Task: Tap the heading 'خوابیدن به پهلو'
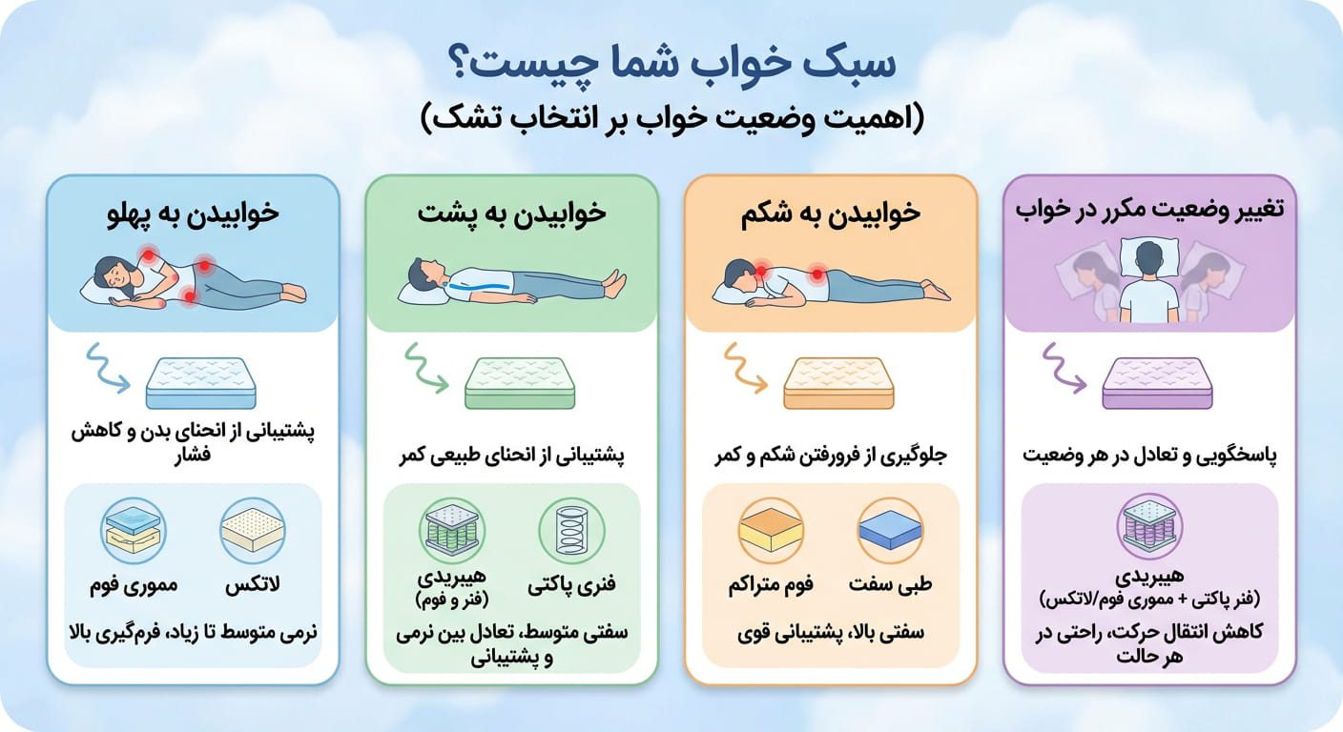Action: click(193, 213)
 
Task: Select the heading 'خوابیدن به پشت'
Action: click(511, 213)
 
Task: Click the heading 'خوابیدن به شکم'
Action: click(831, 213)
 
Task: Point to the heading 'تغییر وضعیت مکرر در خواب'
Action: click(1149, 213)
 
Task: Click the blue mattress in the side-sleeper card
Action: click(201, 382)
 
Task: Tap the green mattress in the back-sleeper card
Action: click(520, 382)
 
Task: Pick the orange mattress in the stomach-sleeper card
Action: click(839, 382)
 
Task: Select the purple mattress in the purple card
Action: click(1158, 382)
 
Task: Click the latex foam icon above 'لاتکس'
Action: click(253, 531)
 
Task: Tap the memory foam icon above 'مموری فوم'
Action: click(134, 531)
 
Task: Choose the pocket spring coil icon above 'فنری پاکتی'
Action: click(570, 531)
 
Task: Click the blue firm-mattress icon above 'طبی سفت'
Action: click(889, 531)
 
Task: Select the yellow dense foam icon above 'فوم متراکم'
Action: click(771, 531)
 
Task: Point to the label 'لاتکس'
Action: click(253, 586)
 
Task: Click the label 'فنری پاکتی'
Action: click(571, 584)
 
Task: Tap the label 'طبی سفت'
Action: click(889, 584)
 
